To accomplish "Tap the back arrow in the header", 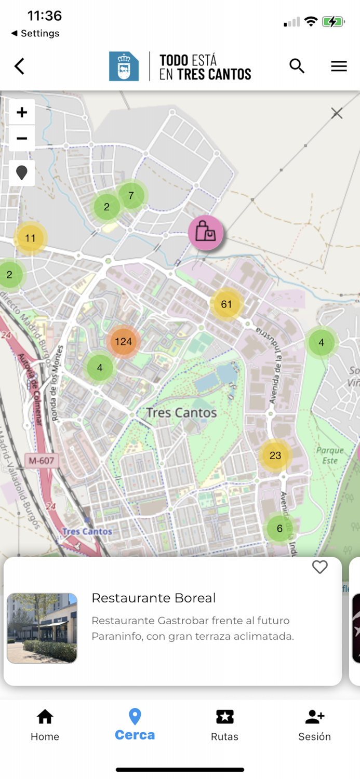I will point(19,66).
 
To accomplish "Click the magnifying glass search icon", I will point(297,66).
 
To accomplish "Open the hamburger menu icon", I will point(339,66).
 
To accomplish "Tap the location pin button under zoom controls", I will point(22,173).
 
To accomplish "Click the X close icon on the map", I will point(337,113).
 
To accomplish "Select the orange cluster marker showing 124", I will point(124,342).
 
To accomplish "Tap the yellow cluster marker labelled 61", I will point(226,304).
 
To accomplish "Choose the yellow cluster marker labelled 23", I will point(275,455).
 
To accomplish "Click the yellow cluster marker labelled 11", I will point(30,238).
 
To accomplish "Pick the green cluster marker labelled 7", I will point(131,195).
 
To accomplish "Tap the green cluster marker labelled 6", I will point(279,529).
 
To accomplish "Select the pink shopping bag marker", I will point(206,233).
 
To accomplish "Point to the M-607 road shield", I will point(42,460).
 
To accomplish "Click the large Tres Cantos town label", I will point(181,413).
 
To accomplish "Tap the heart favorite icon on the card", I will point(320,567).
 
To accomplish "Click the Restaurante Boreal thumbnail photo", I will point(42,628).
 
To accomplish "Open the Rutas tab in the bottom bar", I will point(224,725).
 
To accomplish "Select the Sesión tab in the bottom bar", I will point(314,725).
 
